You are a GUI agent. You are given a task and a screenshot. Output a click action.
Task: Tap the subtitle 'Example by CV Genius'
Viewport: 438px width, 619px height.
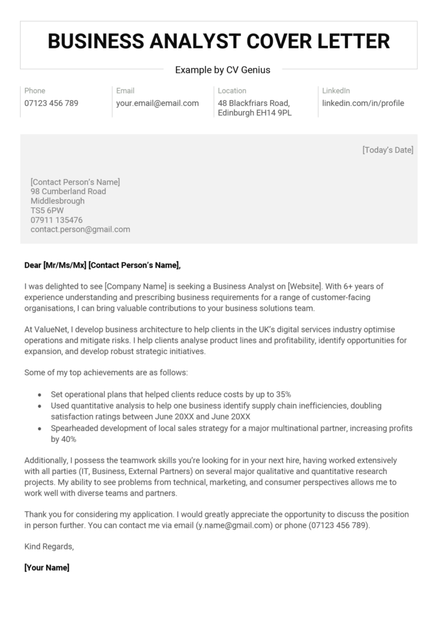(223, 70)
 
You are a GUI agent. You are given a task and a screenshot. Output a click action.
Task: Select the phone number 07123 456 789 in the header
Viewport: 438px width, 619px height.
(51, 103)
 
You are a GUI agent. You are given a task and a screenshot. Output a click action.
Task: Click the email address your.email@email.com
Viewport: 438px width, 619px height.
(157, 103)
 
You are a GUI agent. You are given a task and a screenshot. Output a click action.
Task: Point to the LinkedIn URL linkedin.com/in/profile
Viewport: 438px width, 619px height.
(363, 103)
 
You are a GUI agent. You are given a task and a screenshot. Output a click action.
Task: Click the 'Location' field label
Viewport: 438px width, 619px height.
(232, 91)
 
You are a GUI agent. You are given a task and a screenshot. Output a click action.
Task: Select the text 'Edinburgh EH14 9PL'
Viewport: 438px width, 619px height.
(255, 113)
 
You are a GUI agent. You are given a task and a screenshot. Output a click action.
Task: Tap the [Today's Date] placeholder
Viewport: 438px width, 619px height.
(387, 150)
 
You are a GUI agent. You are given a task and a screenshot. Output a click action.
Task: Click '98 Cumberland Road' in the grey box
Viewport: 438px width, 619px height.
(68, 192)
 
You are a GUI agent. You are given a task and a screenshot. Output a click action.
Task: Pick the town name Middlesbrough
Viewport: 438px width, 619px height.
(57, 201)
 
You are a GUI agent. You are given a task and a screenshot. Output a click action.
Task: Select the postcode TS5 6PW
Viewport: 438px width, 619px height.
(47, 210)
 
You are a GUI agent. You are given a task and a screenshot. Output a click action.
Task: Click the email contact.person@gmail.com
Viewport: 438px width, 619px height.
(80, 230)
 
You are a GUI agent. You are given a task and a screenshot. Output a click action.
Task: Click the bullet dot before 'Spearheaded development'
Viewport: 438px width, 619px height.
(39, 429)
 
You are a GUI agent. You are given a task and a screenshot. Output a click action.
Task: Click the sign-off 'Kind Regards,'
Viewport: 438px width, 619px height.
(49, 546)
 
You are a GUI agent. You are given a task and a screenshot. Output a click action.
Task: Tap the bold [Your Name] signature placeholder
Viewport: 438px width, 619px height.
(47, 568)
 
